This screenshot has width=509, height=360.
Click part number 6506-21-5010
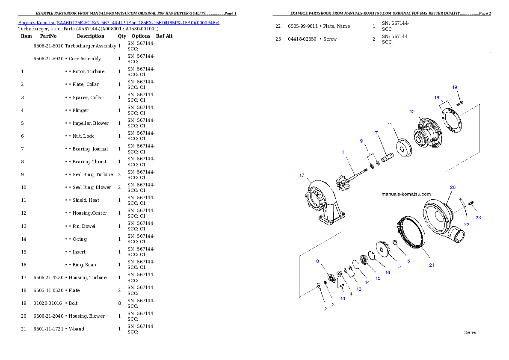[48, 46]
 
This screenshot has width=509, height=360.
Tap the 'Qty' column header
[122, 36]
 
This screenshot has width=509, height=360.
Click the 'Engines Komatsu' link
[37, 23]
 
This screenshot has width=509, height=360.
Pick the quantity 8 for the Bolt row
[119, 303]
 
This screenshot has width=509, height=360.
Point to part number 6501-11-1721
[48, 329]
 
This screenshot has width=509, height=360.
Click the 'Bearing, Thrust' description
[89, 162]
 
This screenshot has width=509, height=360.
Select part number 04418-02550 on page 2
[302, 39]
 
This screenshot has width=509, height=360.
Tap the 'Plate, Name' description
[337, 26]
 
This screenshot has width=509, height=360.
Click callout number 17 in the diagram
[302, 175]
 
